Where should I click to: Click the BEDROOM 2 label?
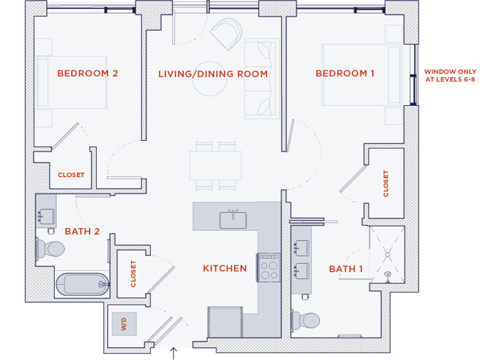(x=88, y=73)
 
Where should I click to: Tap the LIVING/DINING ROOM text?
(x=213, y=73)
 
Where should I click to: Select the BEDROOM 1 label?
(x=345, y=73)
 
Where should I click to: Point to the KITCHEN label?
(x=224, y=268)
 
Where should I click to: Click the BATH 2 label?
(x=82, y=232)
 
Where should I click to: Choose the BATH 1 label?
(x=345, y=268)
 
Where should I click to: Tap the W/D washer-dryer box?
(x=121, y=325)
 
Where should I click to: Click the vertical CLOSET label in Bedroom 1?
(x=386, y=183)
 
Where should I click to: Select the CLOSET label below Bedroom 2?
(x=71, y=175)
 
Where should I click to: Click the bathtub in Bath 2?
(x=82, y=284)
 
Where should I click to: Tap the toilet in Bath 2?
(x=52, y=248)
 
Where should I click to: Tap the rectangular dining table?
(x=215, y=164)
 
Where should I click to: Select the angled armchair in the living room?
(x=225, y=34)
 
